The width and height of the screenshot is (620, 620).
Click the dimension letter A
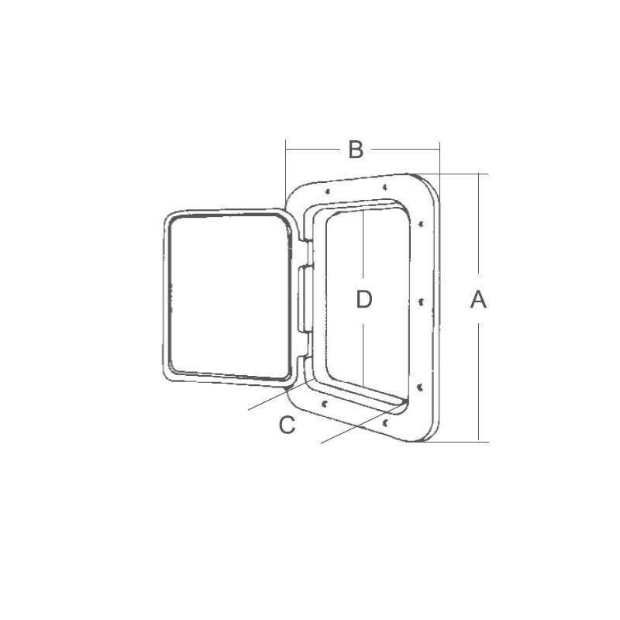pyautogui.click(x=478, y=300)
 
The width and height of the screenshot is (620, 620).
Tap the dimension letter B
pyautogui.click(x=355, y=150)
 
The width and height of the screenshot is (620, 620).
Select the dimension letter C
pyautogui.click(x=287, y=425)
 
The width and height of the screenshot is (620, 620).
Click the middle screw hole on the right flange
pyautogui.click(x=420, y=300)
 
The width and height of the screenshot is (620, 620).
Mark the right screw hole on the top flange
pyautogui.click(x=385, y=186)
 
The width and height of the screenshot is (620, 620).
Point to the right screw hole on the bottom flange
pyautogui.click(x=385, y=421)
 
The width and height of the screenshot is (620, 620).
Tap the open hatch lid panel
pyautogui.click(x=230, y=297)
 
